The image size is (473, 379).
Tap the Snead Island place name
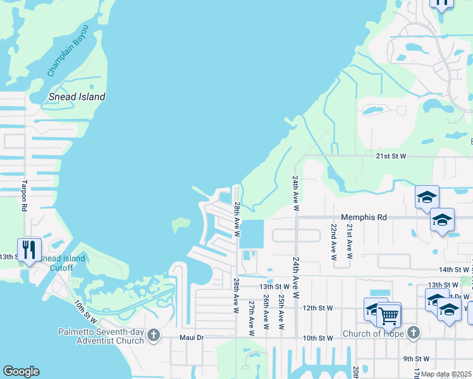77,97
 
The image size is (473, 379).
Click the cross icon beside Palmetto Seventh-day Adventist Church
153,336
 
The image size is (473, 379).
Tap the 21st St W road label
390,155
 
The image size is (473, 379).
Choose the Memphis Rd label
364,217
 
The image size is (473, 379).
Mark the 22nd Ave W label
334,240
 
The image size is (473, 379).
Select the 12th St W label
317,308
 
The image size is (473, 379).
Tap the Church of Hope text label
372,334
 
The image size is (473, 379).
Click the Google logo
21,371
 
